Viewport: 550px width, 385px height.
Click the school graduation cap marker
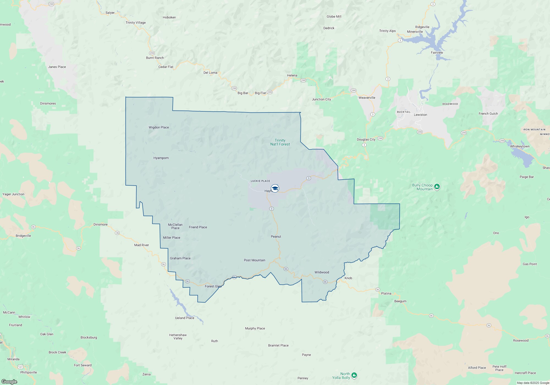pos(275,188)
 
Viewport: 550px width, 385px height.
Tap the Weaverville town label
pos(367,98)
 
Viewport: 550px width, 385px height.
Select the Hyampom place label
pos(161,158)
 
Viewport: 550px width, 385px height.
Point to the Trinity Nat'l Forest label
pos(280,142)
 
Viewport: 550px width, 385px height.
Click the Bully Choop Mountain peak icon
pos(437,187)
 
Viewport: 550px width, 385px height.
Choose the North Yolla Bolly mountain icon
pos(354,375)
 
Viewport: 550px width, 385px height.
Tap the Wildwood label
pos(321,272)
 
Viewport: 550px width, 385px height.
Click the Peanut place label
pos(276,237)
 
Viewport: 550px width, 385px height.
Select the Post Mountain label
pos(254,260)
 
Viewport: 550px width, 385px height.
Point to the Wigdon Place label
pos(159,127)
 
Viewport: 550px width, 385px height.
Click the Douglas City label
pos(366,139)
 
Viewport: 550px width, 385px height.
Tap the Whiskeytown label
pos(519,146)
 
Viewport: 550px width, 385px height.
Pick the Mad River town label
pos(141,245)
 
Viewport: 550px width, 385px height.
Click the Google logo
pos(9,381)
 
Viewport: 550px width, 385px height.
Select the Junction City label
pos(321,99)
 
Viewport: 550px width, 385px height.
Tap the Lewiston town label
pos(420,115)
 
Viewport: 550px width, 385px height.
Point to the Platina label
pos(386,293)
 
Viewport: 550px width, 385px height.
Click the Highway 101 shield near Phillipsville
pos(20,367)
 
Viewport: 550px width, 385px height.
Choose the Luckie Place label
pos(260,181)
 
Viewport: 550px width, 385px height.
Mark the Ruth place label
pos(214,341)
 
